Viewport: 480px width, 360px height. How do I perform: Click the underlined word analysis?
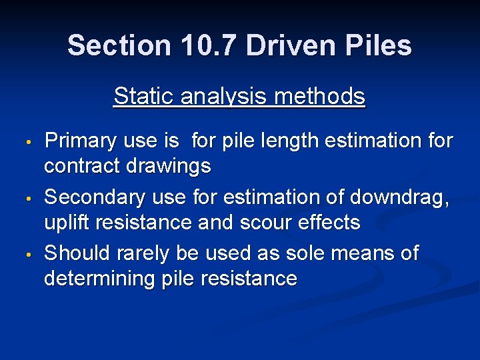[x=220, y=97]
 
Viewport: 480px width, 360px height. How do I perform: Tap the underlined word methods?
[x=319, y=97]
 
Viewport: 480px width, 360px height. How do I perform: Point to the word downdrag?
[x=399, y=198]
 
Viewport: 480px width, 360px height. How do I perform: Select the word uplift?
[x=65, y=223]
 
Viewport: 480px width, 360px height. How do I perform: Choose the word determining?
[x=101, y=279]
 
